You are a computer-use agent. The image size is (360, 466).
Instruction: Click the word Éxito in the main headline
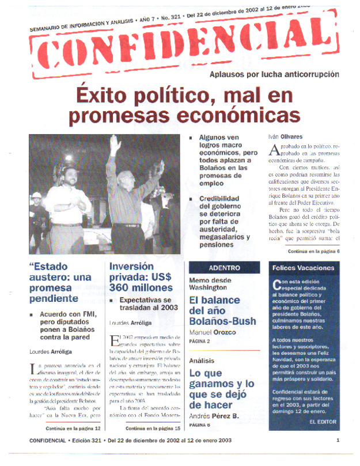103,93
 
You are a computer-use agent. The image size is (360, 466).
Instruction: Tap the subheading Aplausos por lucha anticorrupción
274,74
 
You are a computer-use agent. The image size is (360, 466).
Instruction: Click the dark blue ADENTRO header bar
225,268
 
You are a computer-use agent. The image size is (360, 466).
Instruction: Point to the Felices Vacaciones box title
303,268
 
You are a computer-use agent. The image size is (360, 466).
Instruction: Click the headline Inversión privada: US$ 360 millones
141,276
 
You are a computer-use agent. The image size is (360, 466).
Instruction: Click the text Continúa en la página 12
73,429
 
